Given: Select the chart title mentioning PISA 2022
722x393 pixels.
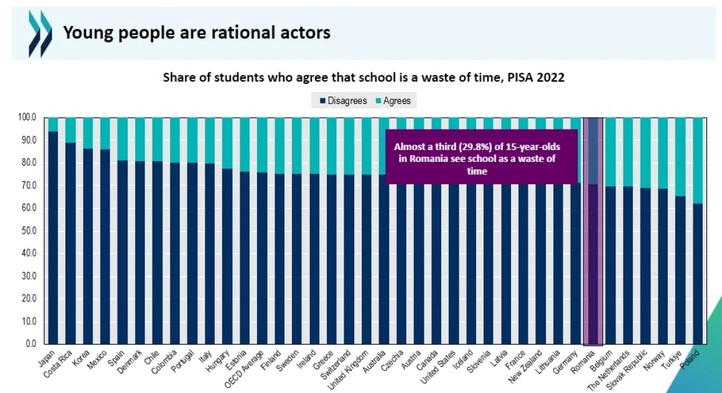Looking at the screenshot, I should point(363,78).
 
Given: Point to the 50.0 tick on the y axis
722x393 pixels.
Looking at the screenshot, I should point(29,230).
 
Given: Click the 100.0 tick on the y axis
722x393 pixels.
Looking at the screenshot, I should point(27,117).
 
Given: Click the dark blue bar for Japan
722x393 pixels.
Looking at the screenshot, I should point(53,237).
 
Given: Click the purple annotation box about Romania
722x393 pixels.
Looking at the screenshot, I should point(482,156).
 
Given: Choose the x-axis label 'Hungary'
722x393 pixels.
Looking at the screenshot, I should point(218,360).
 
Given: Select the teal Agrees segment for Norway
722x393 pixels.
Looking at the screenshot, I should point(664,153).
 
